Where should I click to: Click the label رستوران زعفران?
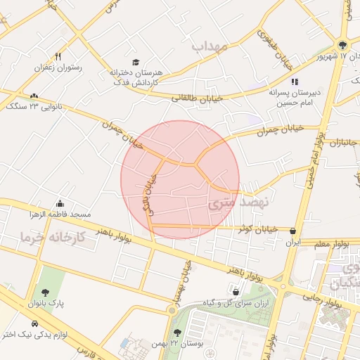click(58, 67)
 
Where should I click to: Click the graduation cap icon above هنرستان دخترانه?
click(136, 62)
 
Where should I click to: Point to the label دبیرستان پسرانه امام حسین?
click(296, 96)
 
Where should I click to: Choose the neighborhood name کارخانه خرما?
click(53, 237)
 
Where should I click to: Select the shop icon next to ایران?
click(292, 231)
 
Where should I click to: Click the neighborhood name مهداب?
click(208, 46)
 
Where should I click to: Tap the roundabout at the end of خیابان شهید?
click(171, 309)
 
